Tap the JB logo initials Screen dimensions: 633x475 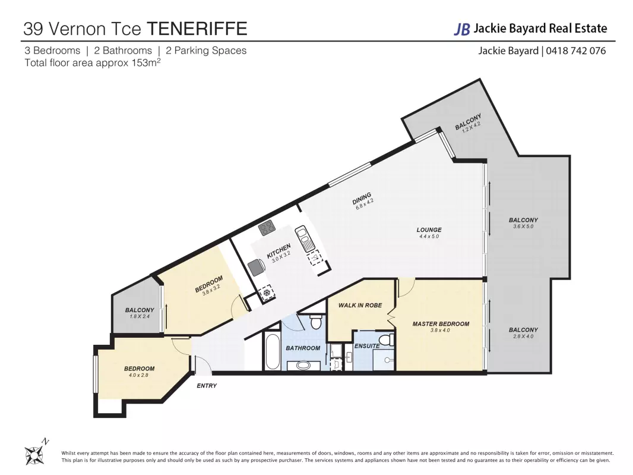pos(462,29)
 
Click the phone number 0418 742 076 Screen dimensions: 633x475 pos(575,51)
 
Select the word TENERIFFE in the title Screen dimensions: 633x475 pos(197,29)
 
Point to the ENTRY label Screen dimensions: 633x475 pos(207,386)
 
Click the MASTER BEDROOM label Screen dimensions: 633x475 pos(441,324)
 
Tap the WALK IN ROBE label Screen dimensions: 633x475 pos(360,305)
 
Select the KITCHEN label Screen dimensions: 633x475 pos(278,251)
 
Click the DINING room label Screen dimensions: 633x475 pos(361,198)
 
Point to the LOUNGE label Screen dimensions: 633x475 pos(429,229)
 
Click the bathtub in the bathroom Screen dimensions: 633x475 pos(273,351)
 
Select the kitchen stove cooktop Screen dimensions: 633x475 pos(267,228)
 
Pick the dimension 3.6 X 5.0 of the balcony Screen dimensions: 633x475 pos(523,227)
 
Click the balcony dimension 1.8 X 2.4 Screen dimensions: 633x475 pos(140,316)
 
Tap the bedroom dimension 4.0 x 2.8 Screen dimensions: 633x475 pos(139,375)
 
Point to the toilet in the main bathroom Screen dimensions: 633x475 pos(316,321)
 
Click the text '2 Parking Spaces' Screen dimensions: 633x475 pos(206,51)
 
